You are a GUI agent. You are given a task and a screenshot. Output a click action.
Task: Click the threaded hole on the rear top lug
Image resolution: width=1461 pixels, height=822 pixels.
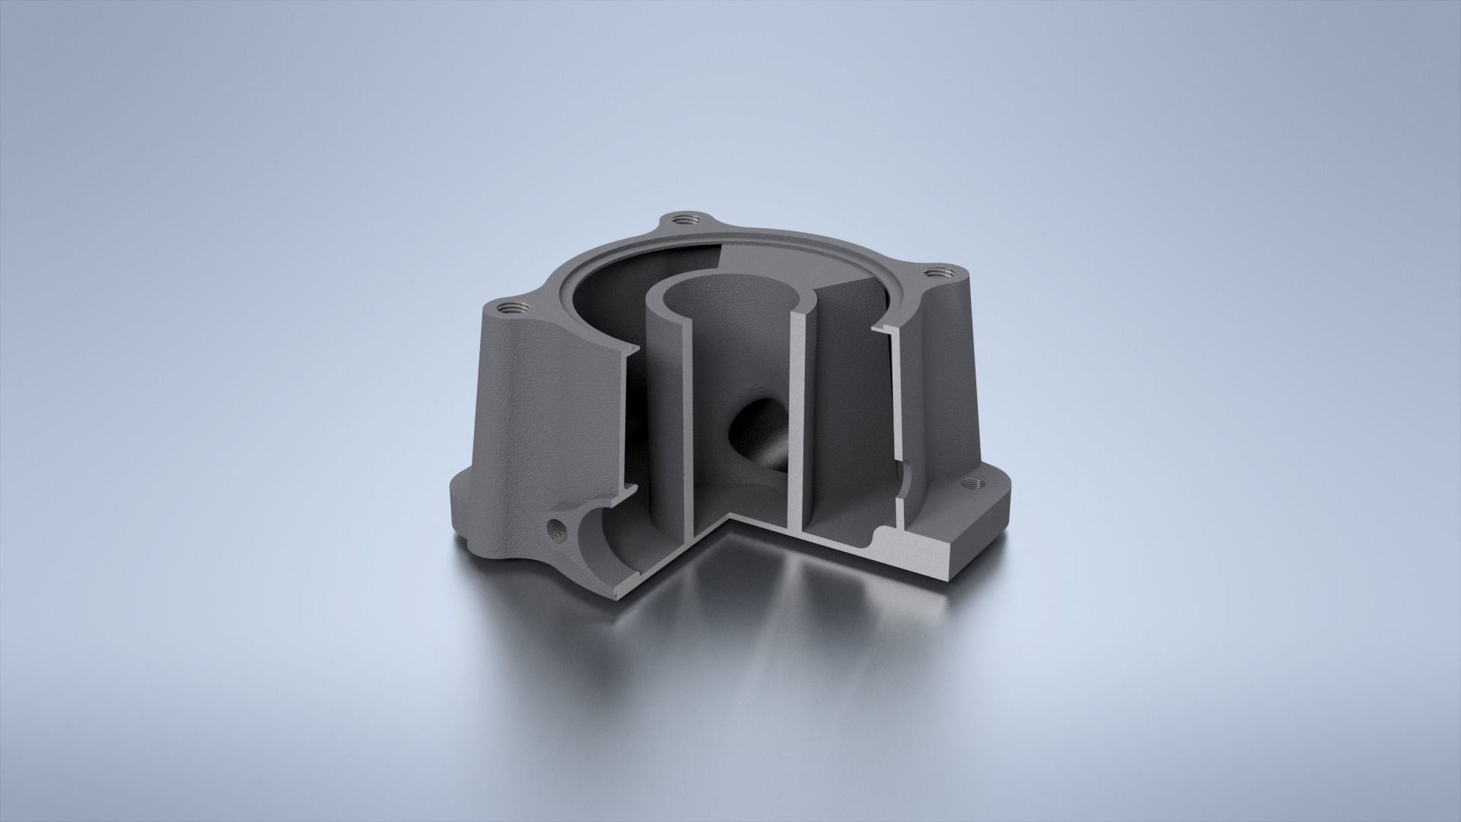pyautogui.click(x=680, y=219)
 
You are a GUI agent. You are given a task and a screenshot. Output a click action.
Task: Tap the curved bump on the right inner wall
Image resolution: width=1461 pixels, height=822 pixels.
pyautogui.click(x=905, y=483)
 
